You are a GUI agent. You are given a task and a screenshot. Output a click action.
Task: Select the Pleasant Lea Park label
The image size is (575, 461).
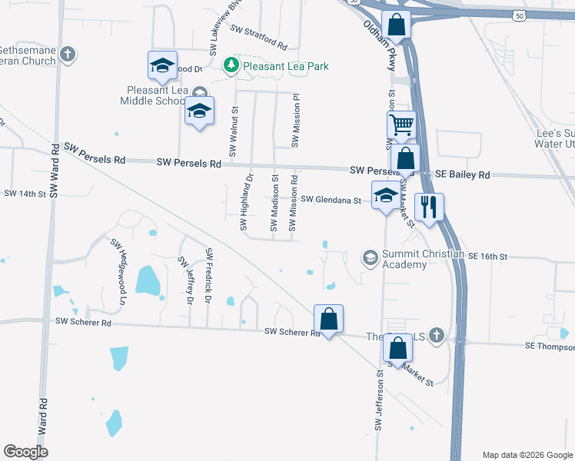tap(286, 66)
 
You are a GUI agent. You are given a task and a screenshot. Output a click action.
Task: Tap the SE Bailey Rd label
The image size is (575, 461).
tap(462, 175)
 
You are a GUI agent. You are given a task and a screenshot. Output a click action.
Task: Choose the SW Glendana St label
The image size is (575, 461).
tap(331, 200)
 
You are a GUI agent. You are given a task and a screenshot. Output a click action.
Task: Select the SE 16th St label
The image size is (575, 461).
tap(489, 255)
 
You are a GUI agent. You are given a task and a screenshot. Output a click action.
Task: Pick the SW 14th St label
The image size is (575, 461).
tap(25, 194)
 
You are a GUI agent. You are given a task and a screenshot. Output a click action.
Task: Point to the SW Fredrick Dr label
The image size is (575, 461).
tap(208, 274)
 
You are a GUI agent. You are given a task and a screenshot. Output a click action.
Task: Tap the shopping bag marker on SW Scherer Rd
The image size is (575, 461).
tap(328, 319)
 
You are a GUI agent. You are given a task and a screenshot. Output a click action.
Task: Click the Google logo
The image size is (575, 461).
tap(26, 452)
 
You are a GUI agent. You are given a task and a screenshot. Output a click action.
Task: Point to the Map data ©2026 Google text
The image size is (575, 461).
tap(527, 455)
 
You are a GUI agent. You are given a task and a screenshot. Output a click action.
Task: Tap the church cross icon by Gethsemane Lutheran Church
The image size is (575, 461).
tap(68, 55)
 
